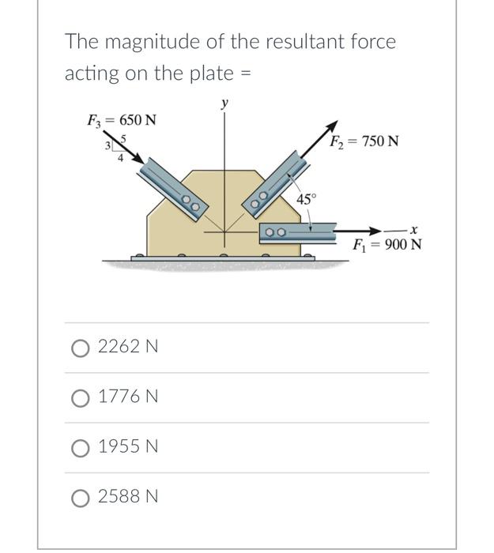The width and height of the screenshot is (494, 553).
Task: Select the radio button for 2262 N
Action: [x=81, y=347]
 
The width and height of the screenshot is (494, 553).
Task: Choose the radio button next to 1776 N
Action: [x=81, y=397]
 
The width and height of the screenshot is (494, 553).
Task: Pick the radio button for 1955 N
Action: [x=81, y=446]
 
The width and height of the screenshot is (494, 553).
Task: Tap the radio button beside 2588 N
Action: [x=81, y=497]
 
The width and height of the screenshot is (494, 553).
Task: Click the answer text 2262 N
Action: [x=128, y=347]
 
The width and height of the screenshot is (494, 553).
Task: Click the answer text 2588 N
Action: [x=128, y=497]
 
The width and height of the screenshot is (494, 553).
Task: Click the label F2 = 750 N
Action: [x=364, y=141]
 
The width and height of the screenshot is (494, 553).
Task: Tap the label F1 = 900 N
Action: [x=387, y=244]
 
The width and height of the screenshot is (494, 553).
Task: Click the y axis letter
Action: [x=224, y=103]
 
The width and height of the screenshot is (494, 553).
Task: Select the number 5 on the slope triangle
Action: [x=123, y=138]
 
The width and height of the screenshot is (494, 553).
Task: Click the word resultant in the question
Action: [x=252, y=42]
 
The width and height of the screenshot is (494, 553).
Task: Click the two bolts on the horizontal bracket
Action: [x=275, y=232]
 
